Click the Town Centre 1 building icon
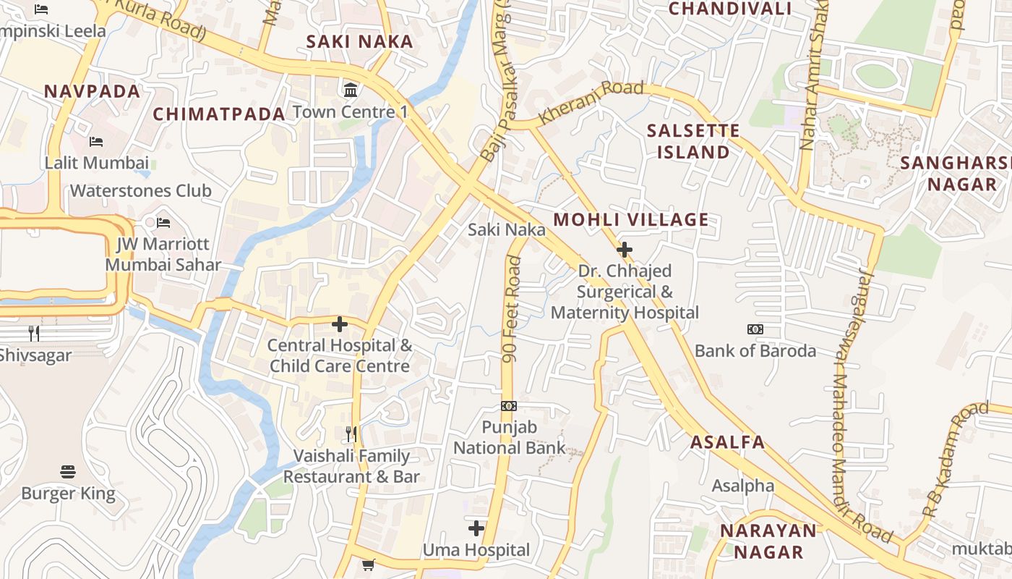(351, 90)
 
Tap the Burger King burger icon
(68, 472)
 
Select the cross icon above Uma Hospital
(476, 528)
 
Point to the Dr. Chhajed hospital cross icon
(625, 250)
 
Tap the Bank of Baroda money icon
(755, 329)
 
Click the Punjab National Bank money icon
(509, 406)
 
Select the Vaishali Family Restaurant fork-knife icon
(351, 434)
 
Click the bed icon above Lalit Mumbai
(95, 141)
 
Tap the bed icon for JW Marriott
(163, 222)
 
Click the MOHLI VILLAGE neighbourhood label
(631, 220)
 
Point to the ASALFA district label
(727, 442)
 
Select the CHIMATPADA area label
(219, 114)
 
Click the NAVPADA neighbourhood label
(92, 91)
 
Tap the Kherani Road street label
(591, 102)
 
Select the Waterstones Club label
(140, 191)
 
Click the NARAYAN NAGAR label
(768, 541)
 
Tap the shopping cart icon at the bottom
(368, 565)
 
